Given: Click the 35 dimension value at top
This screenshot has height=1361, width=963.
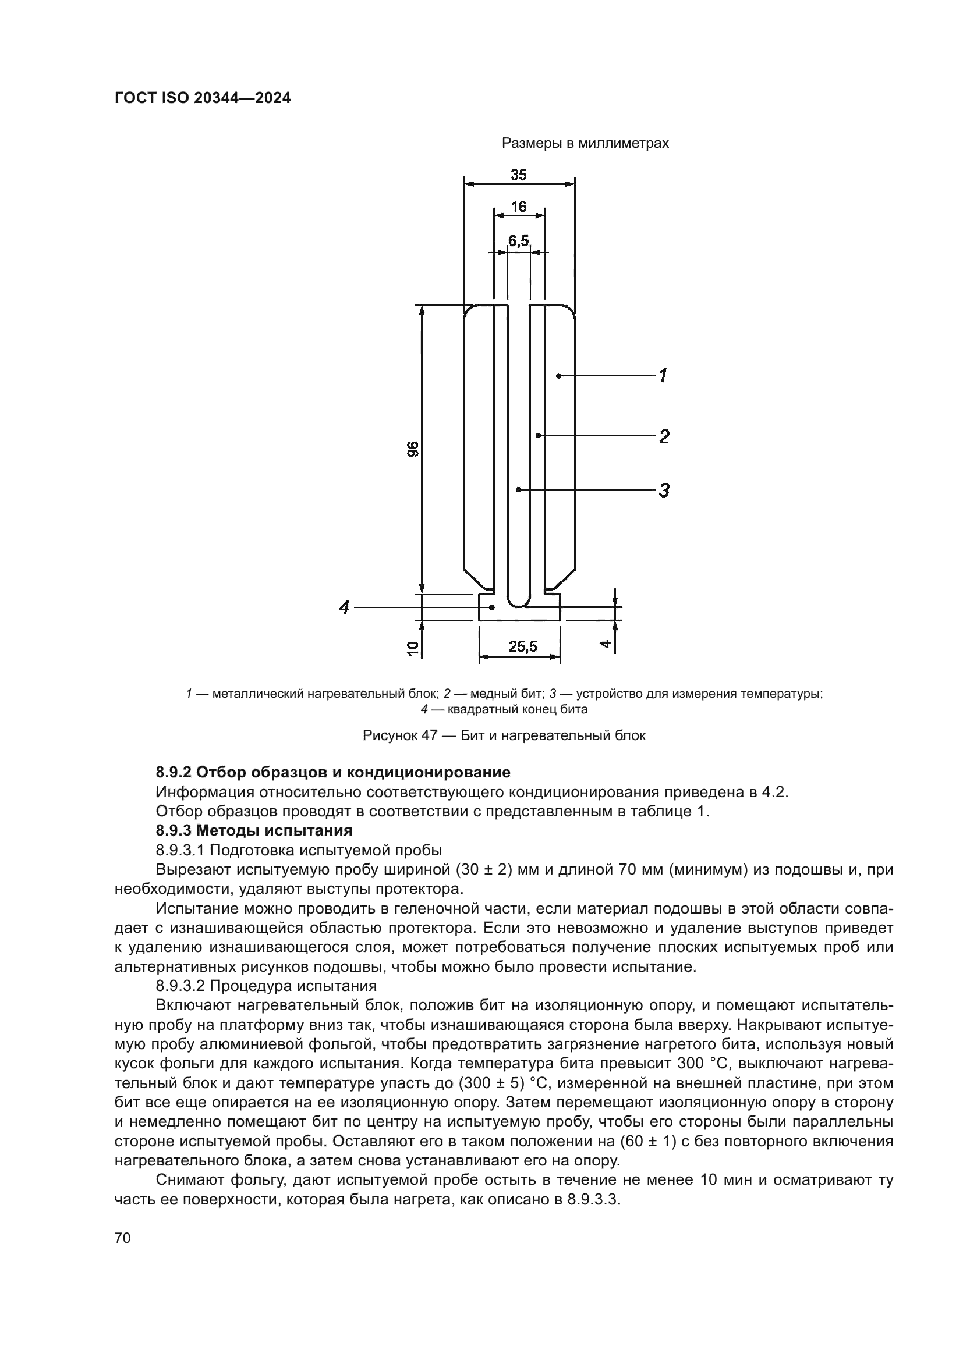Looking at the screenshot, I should [x=518, y=175].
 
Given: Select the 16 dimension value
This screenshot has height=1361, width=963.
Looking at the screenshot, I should [x=518, y=207].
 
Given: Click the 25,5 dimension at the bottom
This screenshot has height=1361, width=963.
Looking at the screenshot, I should [x=522, y=646].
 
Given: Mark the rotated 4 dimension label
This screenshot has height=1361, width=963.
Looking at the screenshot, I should [x=605, y=643].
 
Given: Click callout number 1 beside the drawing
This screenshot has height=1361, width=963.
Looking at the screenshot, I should [x=663, y=375].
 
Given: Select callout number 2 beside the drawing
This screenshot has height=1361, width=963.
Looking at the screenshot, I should [x=664, y=436].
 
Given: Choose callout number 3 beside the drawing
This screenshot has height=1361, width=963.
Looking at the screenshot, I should [x=664, y=490].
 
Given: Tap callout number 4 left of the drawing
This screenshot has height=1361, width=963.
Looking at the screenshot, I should [x=344, y=607].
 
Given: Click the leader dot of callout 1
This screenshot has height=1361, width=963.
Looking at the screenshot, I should [x=558, y=375].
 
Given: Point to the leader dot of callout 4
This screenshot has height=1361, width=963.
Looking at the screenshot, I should [x=491, y=607].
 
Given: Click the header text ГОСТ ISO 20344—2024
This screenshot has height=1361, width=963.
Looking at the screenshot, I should [x=202, y=98].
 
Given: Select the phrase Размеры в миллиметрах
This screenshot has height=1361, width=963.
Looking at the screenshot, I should [x=585, y=144].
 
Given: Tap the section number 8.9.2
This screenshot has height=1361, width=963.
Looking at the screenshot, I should [x=173, y=772].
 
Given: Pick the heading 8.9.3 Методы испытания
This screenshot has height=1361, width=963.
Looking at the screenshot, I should [x=254, y=830].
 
